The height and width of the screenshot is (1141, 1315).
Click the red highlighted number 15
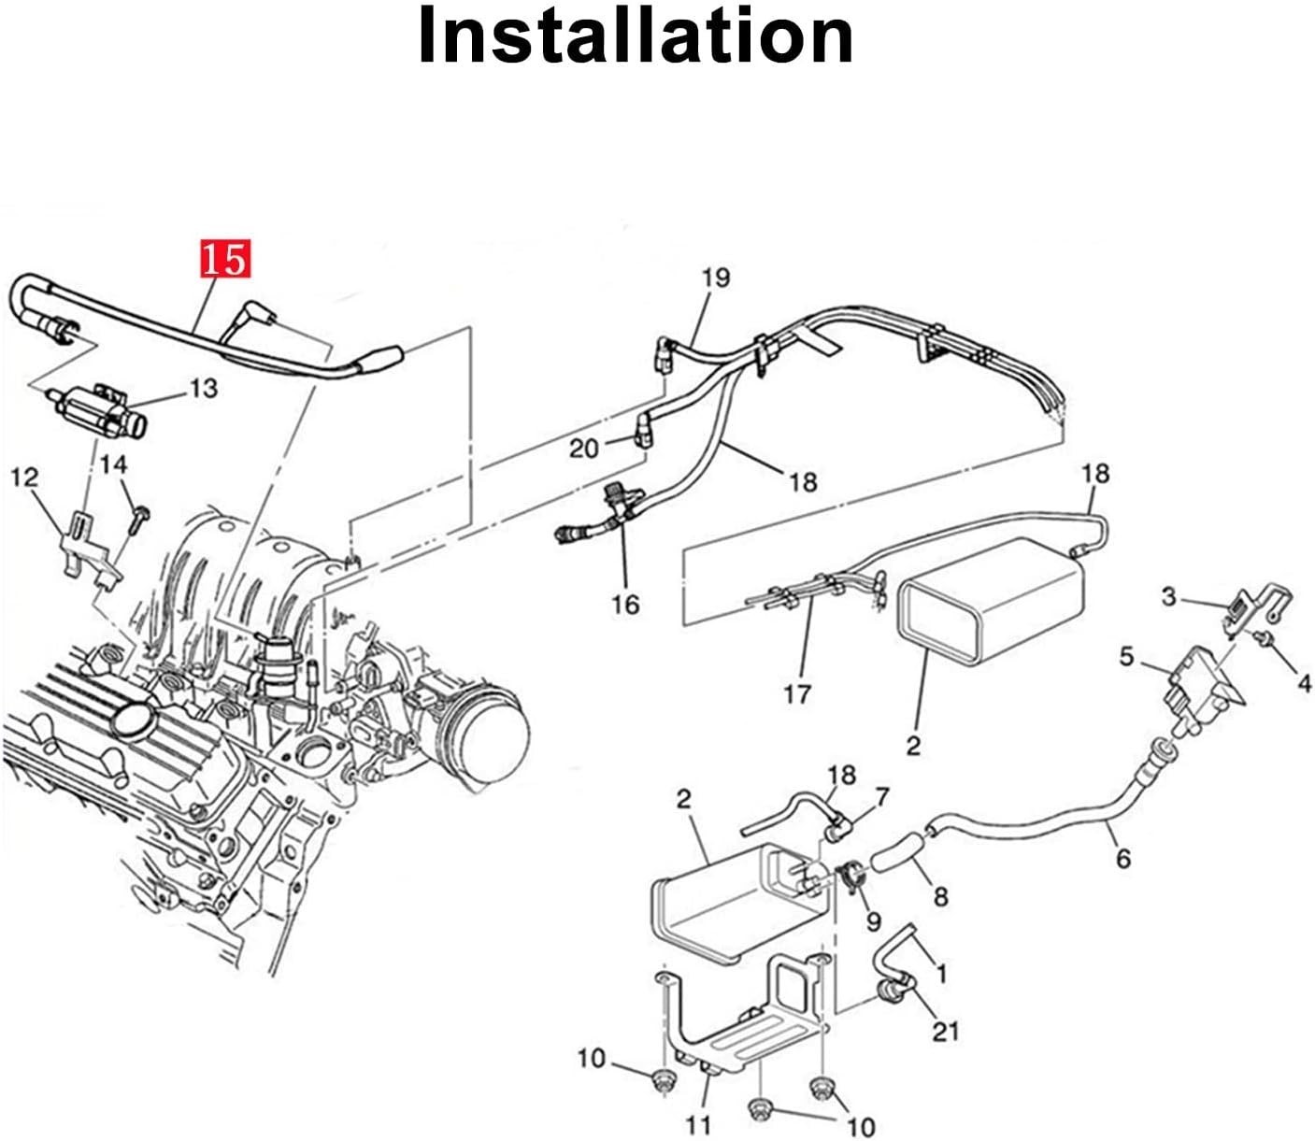tap(224, 259)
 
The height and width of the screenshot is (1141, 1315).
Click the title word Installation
tap(636, 36)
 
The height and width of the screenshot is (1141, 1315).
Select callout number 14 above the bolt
tap(114, 464)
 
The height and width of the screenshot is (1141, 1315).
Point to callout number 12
tap(24, 478)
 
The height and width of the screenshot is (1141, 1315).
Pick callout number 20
tap(583, 449)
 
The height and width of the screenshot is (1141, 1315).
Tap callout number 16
tap(625, 605)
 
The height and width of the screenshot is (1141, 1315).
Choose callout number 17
tap(797, 693)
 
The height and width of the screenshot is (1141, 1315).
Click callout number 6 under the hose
tap(1122, 857)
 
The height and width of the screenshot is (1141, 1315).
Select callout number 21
tap(945, 1031)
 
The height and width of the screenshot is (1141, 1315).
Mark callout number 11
tap(699, 1123)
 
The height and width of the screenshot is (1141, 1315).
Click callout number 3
tap(1168, 595)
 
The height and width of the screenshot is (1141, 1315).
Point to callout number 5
tap(1126, 657)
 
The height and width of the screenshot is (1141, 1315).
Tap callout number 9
tap(873, 921)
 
